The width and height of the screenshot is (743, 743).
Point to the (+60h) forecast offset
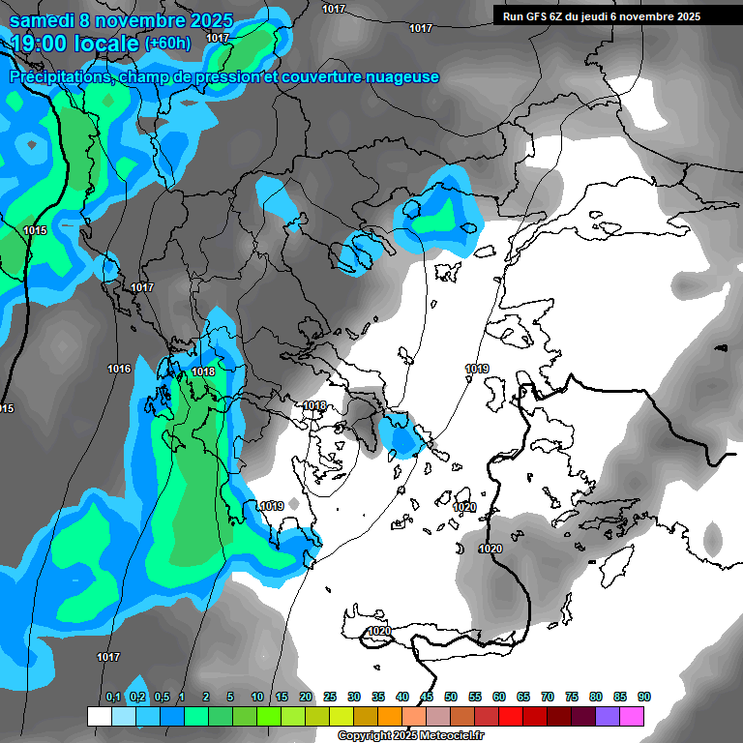167,43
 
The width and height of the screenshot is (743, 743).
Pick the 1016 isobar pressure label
119,369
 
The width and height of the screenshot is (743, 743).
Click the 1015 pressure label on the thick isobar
36,230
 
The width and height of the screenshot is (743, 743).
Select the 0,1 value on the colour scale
112,698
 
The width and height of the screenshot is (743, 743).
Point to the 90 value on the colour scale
644,698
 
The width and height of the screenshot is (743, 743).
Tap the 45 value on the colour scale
427,698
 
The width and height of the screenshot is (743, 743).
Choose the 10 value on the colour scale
257,698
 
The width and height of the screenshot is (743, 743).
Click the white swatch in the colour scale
99,716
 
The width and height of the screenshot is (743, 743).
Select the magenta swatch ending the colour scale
631,716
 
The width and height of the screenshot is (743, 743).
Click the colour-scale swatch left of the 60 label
486,716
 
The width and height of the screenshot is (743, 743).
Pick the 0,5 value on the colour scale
161,698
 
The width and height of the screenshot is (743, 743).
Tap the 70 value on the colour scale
548,698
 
